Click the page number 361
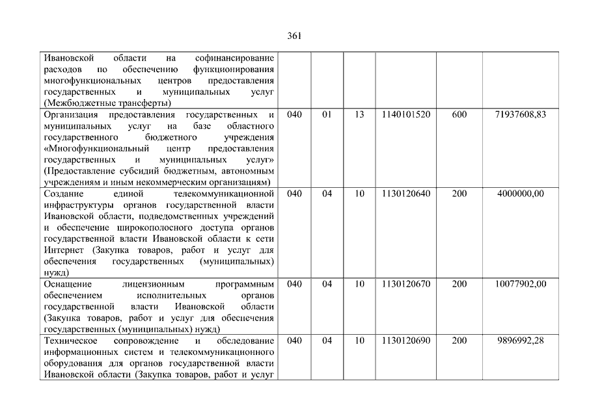click(x=294, y=36)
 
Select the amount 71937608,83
click(x=519, y=114)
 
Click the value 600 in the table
click(x=459, y=114)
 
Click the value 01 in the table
click(x=327, y=114)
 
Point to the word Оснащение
click(x=67, y=284)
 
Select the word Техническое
click(x=70, y=341)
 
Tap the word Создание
click(x=64, y=194)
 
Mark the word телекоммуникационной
click(x=224, y=194)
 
